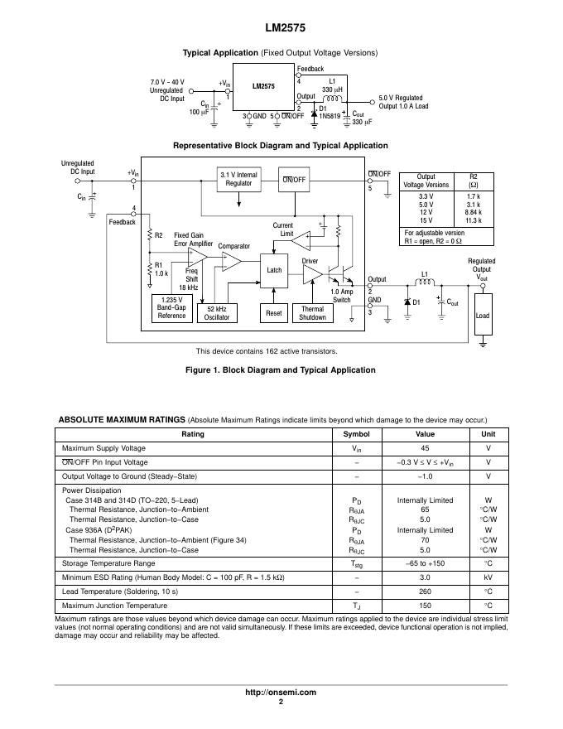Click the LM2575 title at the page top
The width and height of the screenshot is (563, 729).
coord(281,27)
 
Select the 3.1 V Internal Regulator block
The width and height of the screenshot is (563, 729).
coord(238,180)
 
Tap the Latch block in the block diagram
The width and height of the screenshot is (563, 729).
coord(274,270)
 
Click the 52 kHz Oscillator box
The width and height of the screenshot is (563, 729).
coord(218,312)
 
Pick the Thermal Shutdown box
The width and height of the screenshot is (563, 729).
coord(312,312)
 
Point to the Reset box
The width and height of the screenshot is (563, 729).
coord(274,313)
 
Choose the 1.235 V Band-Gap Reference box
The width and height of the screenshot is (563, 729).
coord(171,307)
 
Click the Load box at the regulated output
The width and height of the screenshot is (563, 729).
coord(483,316)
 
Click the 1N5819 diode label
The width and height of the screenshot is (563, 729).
coord(329,117)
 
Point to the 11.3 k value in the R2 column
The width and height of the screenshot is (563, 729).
coord(474,220)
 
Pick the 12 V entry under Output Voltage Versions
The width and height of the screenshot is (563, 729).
coord(426,212)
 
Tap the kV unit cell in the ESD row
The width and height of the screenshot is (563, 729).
coord(488,577)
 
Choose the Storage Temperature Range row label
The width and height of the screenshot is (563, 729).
coord(108,563)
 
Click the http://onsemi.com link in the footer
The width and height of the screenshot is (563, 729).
coord(281,693)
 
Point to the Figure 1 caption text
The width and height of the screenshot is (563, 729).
coord(281,370)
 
